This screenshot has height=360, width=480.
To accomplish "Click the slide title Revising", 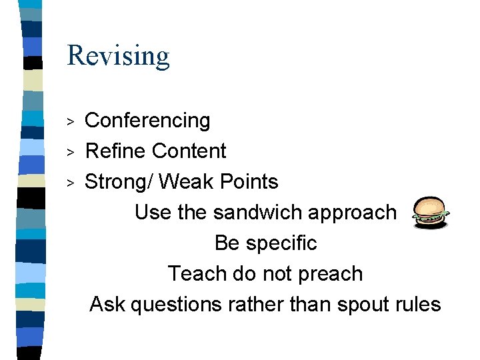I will [x=118, y=56].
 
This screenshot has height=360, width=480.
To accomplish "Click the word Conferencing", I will [x=147, y=121].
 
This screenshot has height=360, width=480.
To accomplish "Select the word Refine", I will [x=110, y=151].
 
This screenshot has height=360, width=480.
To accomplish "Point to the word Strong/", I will [x=120, y=182].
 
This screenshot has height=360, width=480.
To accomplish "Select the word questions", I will [x=177, y=305].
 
